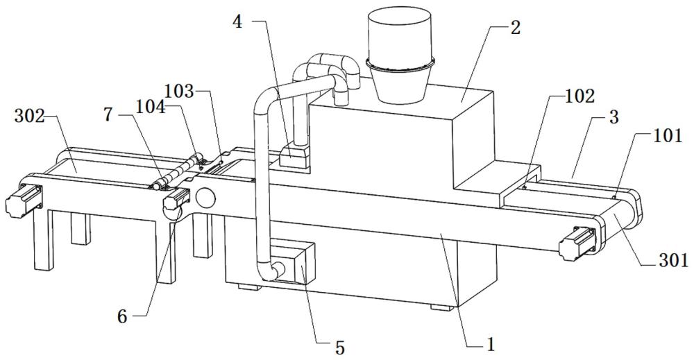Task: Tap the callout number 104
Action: [x=150, y=107]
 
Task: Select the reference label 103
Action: [x=179, y=92]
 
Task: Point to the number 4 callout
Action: [x=238, y=22]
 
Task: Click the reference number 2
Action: [x=515, y=28]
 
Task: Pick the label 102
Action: [x=580, y=96]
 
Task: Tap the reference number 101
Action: [x=667, y=136]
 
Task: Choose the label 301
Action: [x=674, y=261]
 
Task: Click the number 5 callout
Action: [x=339, y=348]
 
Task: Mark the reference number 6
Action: [x=123, y=317]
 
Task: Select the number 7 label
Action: [x=108, y=114]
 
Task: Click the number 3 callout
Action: [x=614, y=118]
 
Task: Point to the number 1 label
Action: [x=491, y=344]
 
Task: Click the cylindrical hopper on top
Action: [x=400, y=55]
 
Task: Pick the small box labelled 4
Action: [x=294, y=157]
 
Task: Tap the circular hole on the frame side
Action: [x=205, y=198]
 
